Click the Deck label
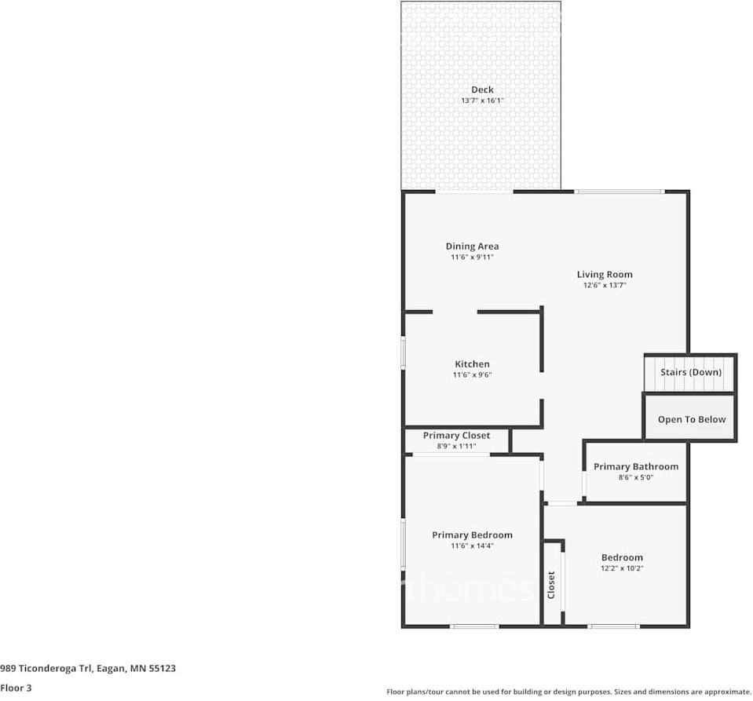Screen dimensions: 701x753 pos(482,89)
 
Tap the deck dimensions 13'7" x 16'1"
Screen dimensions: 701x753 pos(482,100)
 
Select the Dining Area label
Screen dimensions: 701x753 pos(472,246)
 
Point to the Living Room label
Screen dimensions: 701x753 pos(605,275)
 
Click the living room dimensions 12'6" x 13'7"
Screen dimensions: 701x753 pos(605,286)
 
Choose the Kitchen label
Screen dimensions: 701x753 pos(472,364)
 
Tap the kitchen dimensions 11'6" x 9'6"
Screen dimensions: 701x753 pos(472,375)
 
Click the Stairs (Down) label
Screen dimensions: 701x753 pos(691,372)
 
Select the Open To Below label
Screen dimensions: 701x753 pos(692,419)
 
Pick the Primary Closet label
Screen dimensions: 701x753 pos(456,436)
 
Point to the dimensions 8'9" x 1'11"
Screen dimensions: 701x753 pos(456,447)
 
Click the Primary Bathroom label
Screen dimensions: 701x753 pos(636,467)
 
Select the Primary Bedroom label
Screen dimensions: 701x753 pos(472,535)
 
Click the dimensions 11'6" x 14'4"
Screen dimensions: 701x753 pos(472,546)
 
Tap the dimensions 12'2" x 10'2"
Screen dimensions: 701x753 pos(622,568)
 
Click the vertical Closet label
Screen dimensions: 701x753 pos(551,585)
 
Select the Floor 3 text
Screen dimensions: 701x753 pos(16,688)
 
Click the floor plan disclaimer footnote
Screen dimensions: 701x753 pos(568,692)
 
